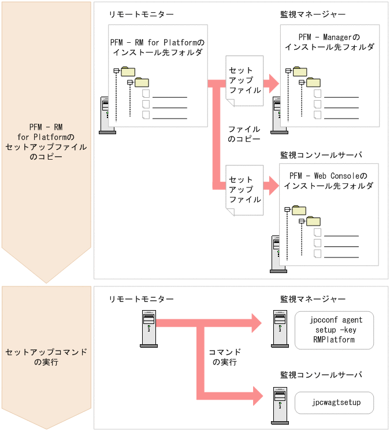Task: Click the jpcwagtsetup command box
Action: point(335,403)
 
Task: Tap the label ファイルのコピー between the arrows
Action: point(243,134)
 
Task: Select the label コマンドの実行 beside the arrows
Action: point(226,357)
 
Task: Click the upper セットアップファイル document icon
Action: point(244,80)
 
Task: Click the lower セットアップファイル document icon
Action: point(244,190)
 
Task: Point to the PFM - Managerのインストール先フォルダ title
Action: point(329,42)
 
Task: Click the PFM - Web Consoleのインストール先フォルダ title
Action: point(328,180)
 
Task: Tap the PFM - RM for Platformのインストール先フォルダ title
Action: point(157,47)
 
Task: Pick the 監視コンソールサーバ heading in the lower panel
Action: point(321,375)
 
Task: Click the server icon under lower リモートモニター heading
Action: point(148,329)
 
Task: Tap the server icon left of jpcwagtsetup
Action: point(280,403)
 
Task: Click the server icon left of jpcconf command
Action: point(280,329)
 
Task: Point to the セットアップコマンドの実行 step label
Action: point(46,357)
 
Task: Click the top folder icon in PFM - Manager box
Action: point(300,71)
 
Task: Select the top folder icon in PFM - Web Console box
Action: point(299,209)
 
